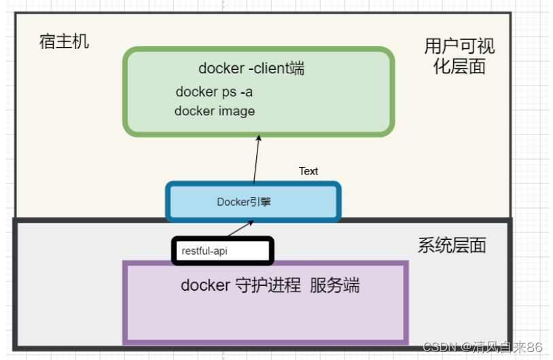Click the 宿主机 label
(x=64, y=42)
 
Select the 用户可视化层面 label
(x=459, y=56)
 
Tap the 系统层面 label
(x=452, y=245)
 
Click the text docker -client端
(x=251, y=68)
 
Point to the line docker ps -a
(x=214, y=92)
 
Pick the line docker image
(x=215, y=111)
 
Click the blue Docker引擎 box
(x=253, y=202)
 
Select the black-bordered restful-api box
(x=222, y=251)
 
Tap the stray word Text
(x=308, y=171)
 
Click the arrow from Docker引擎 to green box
(x=257, y=160)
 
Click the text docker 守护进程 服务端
(x=270, y=285)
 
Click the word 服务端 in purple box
(x=334, y=285)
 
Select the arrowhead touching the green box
(x=259, y=138)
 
